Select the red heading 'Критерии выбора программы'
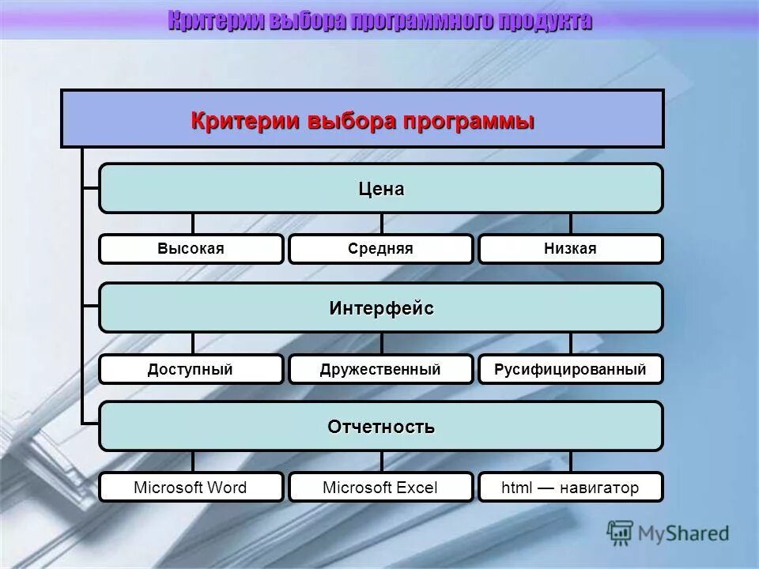[x=363, y=122]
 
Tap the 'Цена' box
[x=381, y=189]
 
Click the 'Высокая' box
[x=191, y=249]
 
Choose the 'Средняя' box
[x=380, y=249]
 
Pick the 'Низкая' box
[x=570, y=249]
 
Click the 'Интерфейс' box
[x=381, y=307]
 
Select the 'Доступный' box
[x=191, y=369]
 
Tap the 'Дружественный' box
[x=380, y=369]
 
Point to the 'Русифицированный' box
[x=570, y=369]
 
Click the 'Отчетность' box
[x=381, y=427]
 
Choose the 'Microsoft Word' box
[x=191, y=488]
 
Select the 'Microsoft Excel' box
[x=380, y=488]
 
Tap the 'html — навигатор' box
[x=570, y=488]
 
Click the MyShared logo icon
[x=621, y=533]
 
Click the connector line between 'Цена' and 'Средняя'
[x=381, y=224]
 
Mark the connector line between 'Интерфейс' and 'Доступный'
[x=192, y=343]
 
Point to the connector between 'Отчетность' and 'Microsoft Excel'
[x=381, y=462]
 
